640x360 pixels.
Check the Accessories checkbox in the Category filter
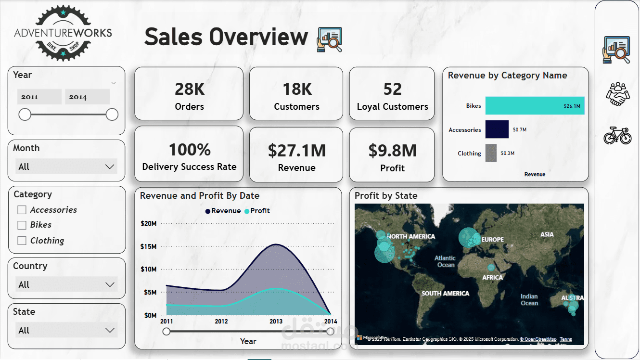pyautogui.click(x=22, y=210)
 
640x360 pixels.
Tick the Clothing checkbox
pyautogui.click(x=22, y=241)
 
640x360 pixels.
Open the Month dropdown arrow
pyautogui.click(x=110, y=167)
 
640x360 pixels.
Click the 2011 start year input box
pyautogui.click(x=39, y=97)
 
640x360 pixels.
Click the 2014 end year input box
pyautogui.click(x=87, y=97)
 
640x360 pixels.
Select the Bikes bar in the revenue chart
pyautogui.click(x=535, y=106)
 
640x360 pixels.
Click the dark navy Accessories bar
pyautogui.click(x=497, y=129)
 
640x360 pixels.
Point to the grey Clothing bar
pyautogui.click(x=491, y=153)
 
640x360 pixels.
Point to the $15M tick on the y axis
pyautogui.click(x=148, y=246)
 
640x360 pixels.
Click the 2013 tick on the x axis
pyautogui.click(x=276, y=321)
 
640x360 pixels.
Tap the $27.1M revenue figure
pyautogui.click(x=297, y=151)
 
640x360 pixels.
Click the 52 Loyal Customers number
pyautogui.click(x=392, y=89)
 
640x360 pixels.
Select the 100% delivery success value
pyautogui.click(x=190, y=150)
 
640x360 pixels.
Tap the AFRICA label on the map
pyautogui.click(x=493, y=278)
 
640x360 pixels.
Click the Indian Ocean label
pyautogui.click(x=529, y=300)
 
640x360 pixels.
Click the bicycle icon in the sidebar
pyautogui.click(x=617, y=135)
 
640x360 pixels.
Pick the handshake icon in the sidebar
pyautogui.click(x=617, y=94)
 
